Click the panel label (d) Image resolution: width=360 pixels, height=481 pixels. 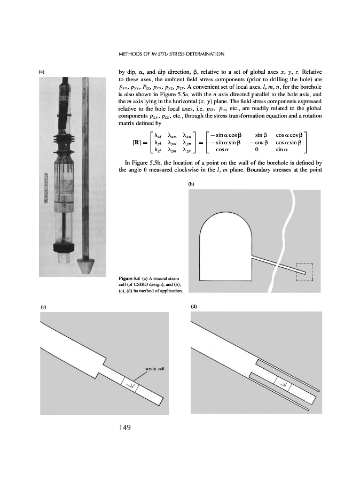pyautogui.click(x=193, y=306)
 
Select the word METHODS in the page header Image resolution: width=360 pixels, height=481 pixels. pyautogui.click(x=132, y=53)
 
